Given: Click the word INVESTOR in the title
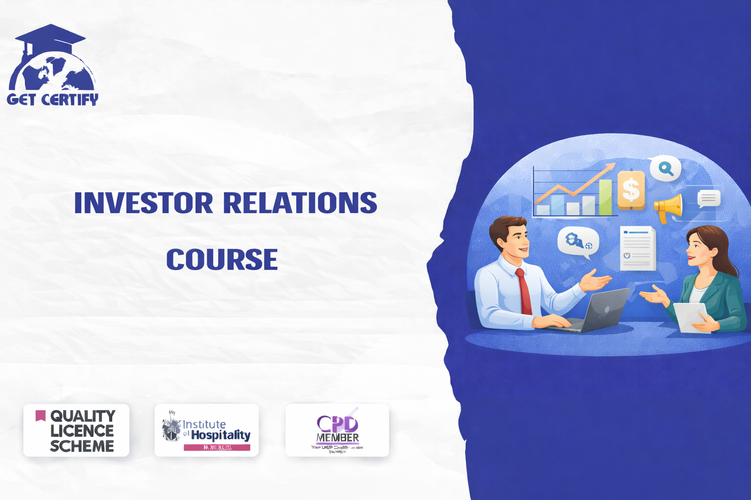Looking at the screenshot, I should [143, 203].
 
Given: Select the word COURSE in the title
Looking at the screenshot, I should [222, 259].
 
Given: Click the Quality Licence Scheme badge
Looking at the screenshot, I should [76, 430].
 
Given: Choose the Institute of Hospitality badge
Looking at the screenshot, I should [206, 430].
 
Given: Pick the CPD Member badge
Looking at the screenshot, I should [337, 430].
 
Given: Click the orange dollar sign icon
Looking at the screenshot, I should [631, 189].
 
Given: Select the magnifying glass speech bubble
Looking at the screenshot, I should [665, 169].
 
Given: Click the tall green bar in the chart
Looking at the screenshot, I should [605, 197].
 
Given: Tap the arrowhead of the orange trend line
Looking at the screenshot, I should [610, 167].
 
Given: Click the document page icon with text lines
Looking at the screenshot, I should [638, 248].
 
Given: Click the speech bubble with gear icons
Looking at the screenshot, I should [578, 241].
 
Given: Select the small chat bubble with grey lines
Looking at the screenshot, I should [708, 198].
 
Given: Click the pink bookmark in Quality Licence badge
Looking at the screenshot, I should [41, 416].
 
